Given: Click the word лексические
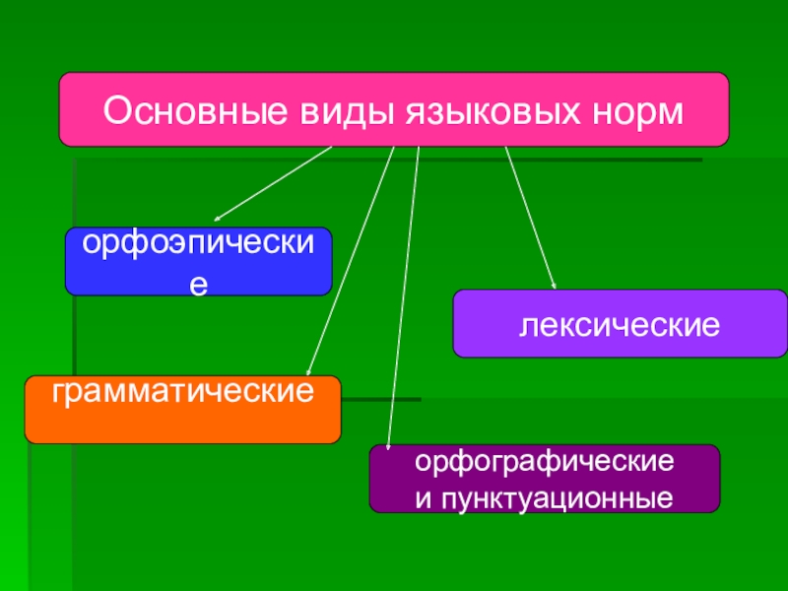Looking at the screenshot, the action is [x=620, y=322].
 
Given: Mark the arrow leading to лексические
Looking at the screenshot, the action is [x=531, y=217].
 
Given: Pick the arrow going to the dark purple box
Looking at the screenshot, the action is [x=404, y=295].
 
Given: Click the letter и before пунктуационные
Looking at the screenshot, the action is [x=422, y=497].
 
